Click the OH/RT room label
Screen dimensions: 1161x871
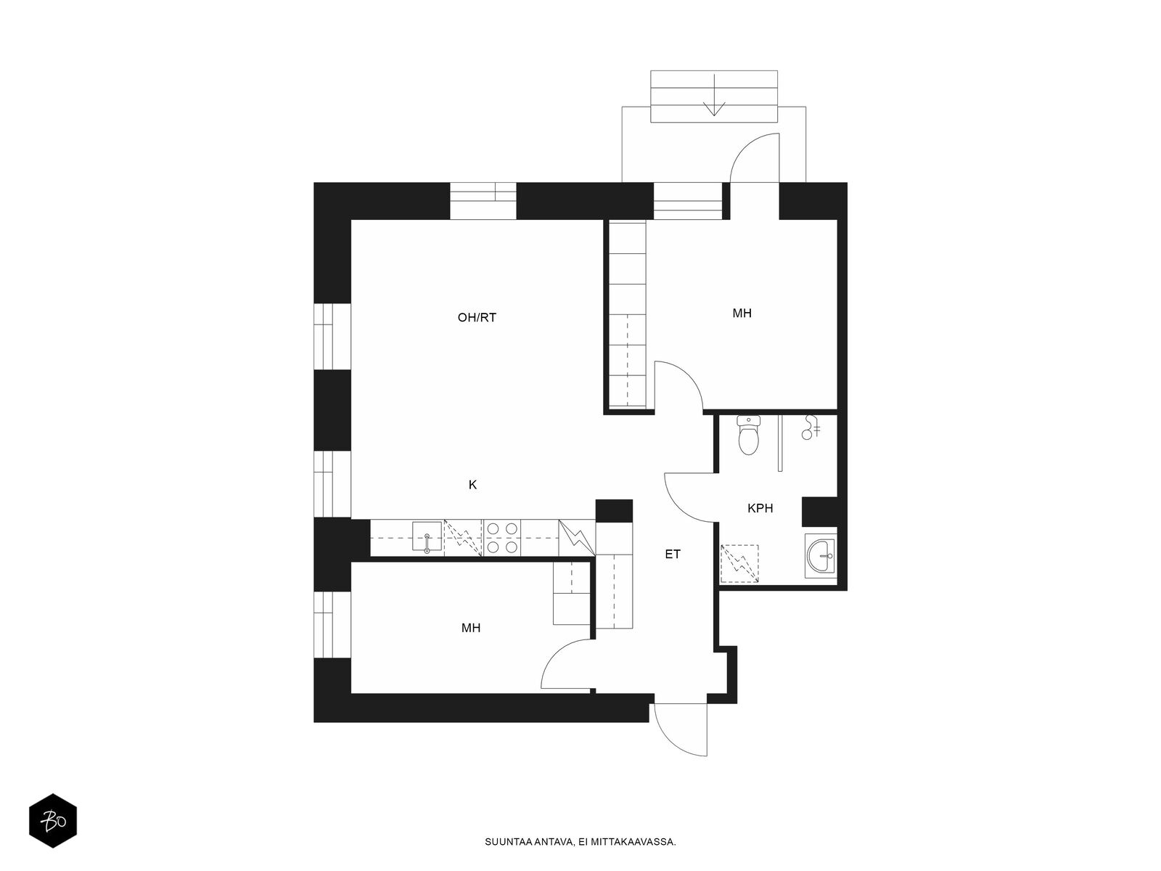tap(477, 317)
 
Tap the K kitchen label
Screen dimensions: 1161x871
tap(473, 484)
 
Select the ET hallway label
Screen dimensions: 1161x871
tap(672, 555)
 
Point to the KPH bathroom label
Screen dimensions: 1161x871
tap(760, 508)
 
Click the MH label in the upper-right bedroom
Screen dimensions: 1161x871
tap(742, 313)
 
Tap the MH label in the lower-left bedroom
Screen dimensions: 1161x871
tap(471, 628)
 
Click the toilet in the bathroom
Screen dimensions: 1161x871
tap(748, 435)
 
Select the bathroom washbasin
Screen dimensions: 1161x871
tap(821, 555)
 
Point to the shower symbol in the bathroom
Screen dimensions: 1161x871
tap(810, 428)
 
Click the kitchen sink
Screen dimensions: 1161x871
tap(427, 537)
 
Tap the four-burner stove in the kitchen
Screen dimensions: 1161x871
tap(502, 537)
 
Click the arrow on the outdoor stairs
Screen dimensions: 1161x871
tap(715, 94)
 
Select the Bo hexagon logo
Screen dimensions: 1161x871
tap(53, 821)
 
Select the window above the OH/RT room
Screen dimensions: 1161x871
tap(483, 201)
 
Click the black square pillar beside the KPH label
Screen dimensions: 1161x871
tap(819, 512)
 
